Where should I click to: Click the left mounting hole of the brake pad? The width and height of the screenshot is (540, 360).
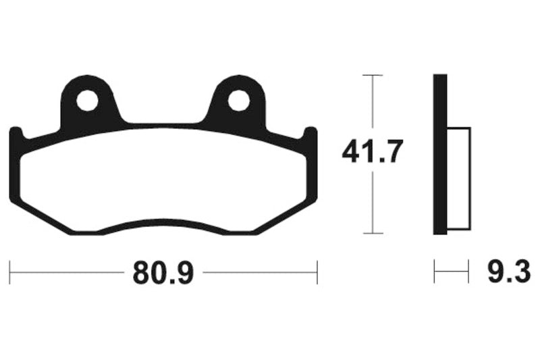(x=86, y=101)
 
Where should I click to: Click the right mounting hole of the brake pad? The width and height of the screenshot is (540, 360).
(x=238, y=101)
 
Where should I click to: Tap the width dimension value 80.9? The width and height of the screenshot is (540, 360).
(x=163, y=273)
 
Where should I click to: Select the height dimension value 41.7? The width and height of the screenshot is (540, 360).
(x=373, y=153)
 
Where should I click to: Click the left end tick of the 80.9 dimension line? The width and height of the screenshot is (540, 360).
(x=10, y=273)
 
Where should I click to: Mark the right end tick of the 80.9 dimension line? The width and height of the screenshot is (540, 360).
(x=317, y=273)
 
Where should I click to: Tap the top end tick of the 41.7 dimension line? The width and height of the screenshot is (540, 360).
(x=373, y=75)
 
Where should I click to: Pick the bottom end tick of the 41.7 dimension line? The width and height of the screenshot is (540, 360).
(x=373, y=234)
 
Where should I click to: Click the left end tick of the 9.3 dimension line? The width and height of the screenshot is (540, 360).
(x=434, y=273)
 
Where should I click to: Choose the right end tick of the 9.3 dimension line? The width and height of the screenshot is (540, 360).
(x=468, y=273)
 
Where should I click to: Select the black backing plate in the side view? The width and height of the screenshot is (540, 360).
(x=439, y=154)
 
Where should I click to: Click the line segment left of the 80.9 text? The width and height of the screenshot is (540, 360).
(x=67, y=273)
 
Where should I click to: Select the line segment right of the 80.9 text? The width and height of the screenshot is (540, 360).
(x=260, y=273)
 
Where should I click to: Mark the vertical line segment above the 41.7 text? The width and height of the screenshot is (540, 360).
(x=373, y=105)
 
